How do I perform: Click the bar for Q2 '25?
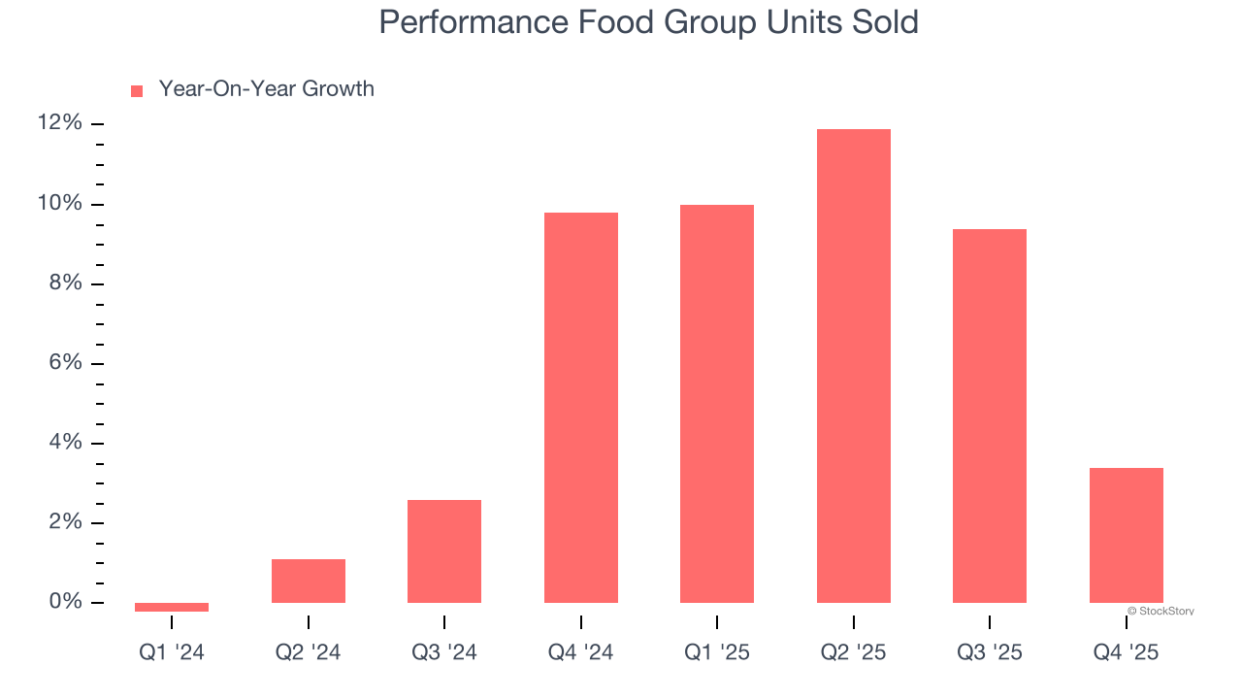click(x=853, y=366)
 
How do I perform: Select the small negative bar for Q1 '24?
click(x=172, y=607)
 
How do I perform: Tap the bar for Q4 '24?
click(x=580, y=408)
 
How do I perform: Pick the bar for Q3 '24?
click(x=444, y=551)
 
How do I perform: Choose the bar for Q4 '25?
click(x=1126, y=535)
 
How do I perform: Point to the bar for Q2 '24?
click(x=309, y=581)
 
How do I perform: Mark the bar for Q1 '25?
click(x=717, y=404)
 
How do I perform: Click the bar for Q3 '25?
click(x=990, y=416)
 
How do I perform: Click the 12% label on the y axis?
click(x=60, y=123)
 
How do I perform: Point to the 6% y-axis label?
click(x=65, y=363)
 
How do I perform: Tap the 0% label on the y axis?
click(x=65, y=602)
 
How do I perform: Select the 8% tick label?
click(x=65, y=283)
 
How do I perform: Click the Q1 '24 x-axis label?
click(x=172, y=653)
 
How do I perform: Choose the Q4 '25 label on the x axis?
click(x=1126, y=653)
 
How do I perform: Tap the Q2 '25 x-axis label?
click(x=853, y=653)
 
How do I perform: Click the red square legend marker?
click(x=137, y=91)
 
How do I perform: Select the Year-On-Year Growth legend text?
click(x=266, y=89)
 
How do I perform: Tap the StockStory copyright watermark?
click(x=1160, y=612)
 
